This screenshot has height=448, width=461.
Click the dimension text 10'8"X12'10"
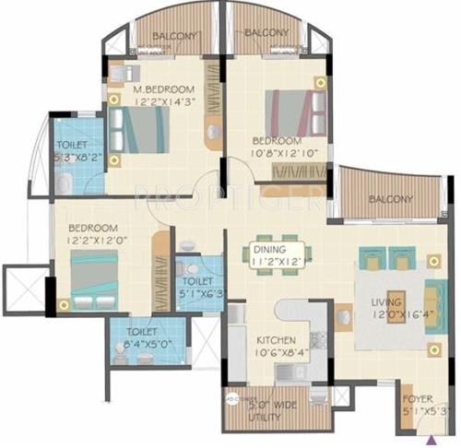point(284,154)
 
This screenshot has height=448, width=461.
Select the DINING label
point(271,249)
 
